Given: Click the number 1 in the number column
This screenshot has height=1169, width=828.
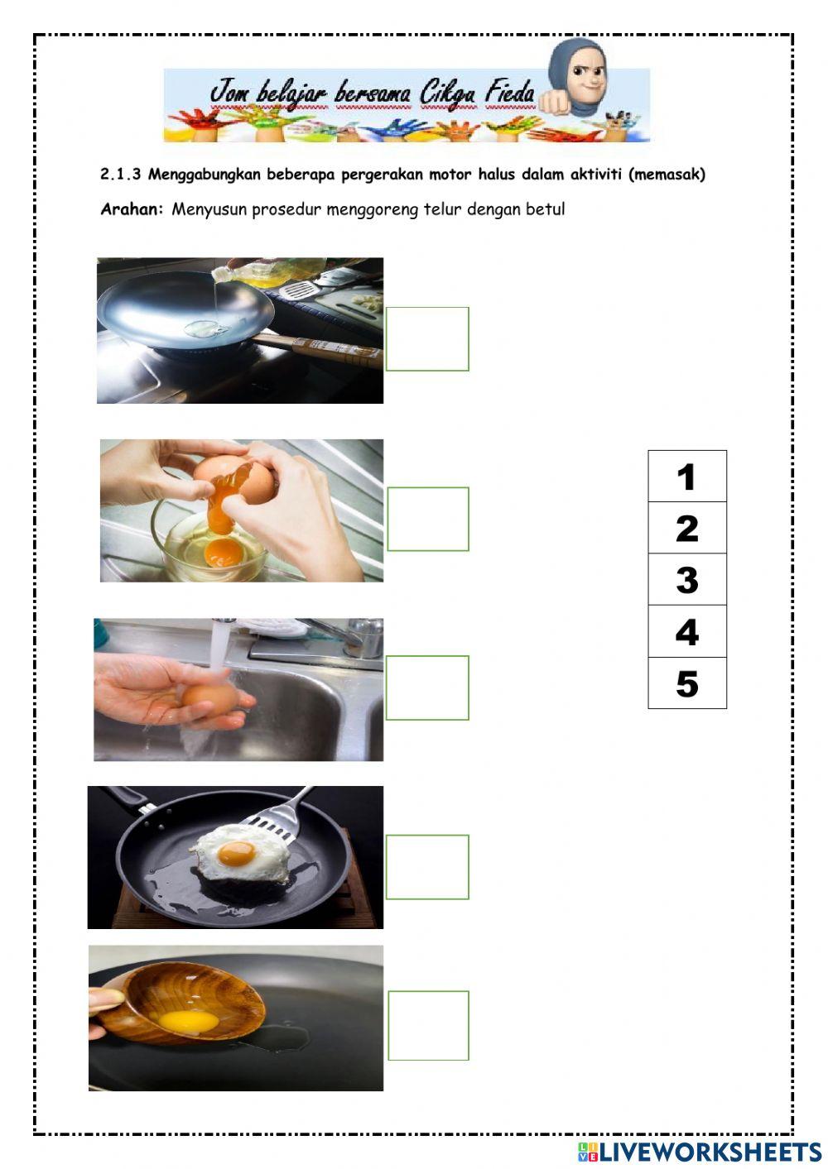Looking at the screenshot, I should [x=686, y=477].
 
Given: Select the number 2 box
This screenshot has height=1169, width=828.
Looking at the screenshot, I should [x=686, y=529].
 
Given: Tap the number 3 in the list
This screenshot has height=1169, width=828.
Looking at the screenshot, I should [x=686, y=580].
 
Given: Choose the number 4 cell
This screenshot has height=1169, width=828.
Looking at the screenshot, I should [x=686, y=632].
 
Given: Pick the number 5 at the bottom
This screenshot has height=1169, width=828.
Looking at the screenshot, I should [x=686, y=683].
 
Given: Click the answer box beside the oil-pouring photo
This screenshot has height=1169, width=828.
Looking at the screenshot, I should [x=427, y=339].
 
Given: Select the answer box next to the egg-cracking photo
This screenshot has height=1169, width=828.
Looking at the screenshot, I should [x=428, y=519].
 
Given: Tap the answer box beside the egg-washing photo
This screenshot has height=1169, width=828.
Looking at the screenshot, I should [x=427, y=688].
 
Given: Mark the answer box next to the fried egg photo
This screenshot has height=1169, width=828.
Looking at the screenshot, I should [x=427, y=867].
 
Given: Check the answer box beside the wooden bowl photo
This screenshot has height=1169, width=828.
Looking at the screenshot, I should [x=428, y=1026].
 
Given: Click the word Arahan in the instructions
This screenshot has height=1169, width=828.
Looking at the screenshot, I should [x=132, y=209].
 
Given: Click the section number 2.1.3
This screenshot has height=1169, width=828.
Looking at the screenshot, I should [x=120, y=175].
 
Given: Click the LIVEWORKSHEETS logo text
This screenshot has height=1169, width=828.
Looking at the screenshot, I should [x=710, y=1152].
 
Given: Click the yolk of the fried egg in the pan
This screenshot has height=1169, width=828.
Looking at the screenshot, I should [x=237, y=852].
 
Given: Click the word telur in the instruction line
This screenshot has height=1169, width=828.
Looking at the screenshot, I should [x=442, y=209].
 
